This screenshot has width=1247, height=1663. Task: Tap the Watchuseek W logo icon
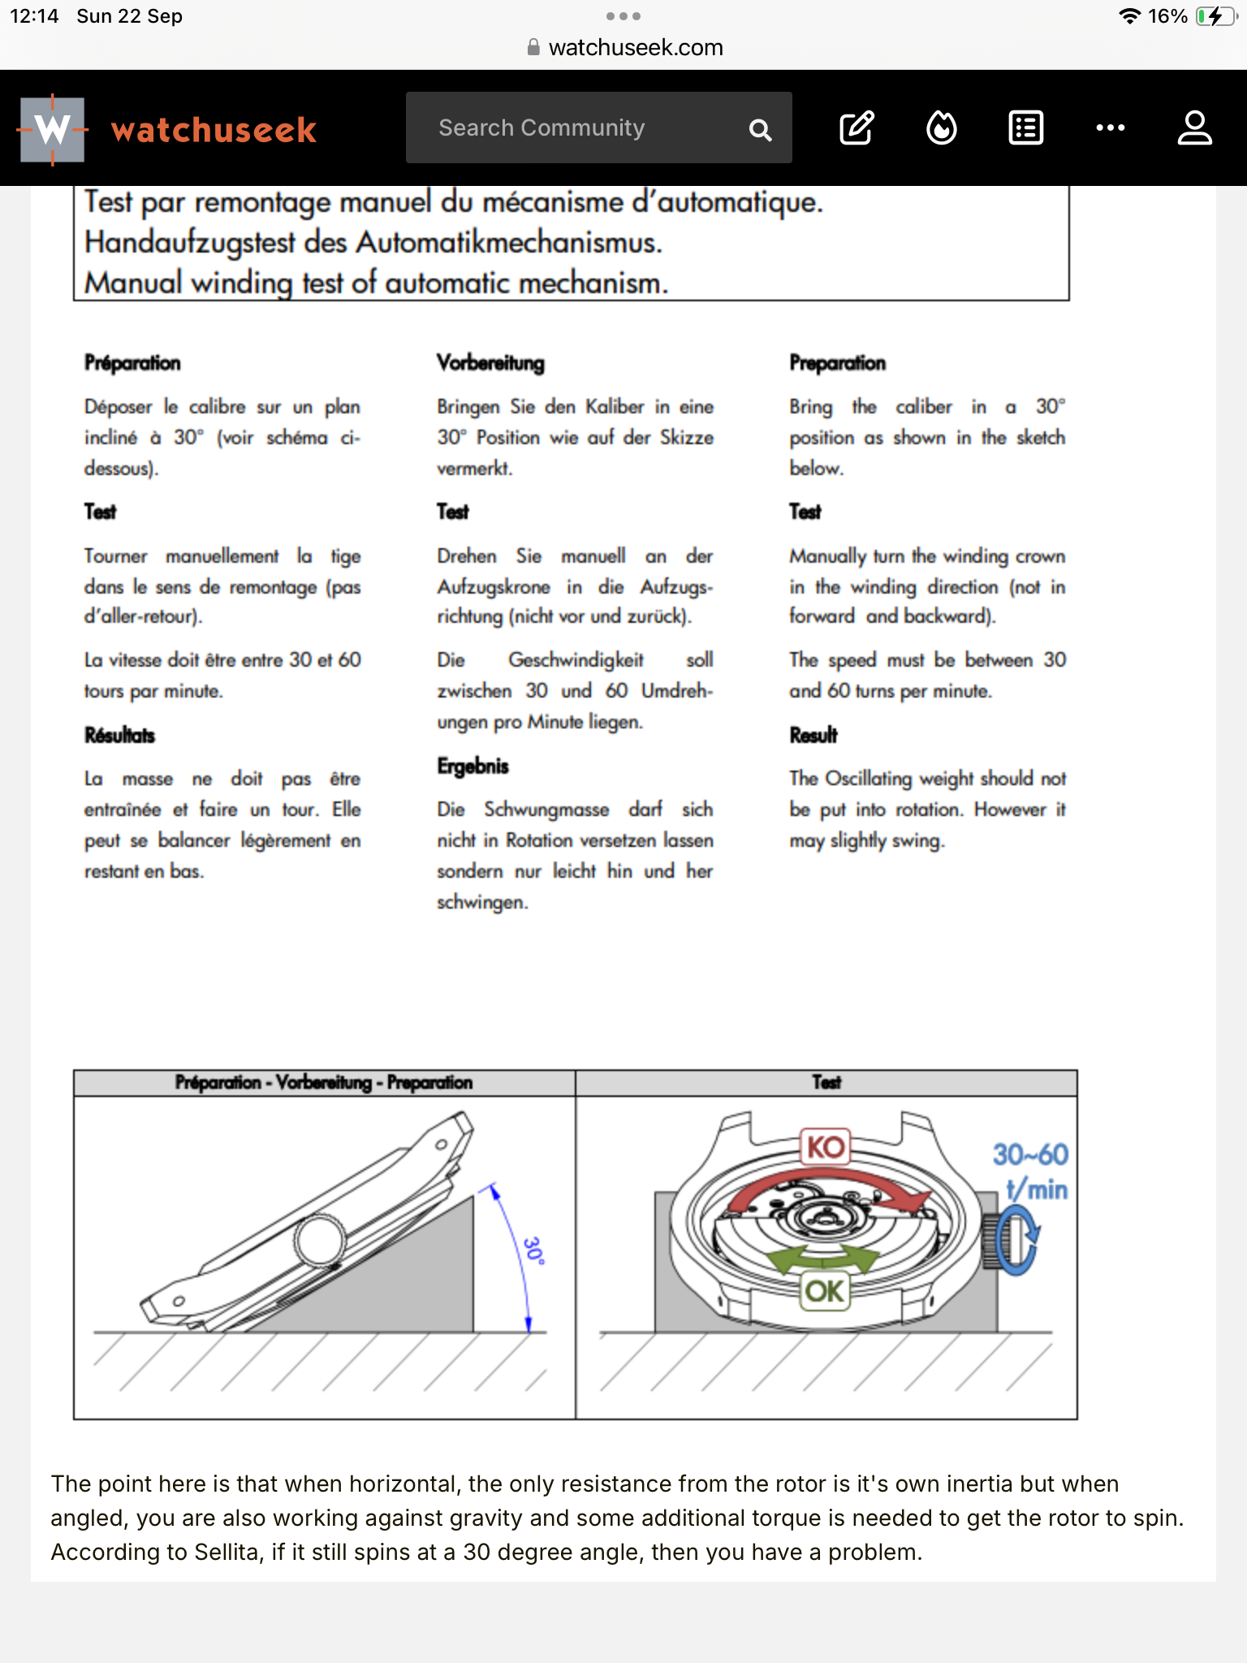point(53,129)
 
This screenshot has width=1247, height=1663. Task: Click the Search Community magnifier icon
point(760,130)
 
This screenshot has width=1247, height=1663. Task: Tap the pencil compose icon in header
point(857,128)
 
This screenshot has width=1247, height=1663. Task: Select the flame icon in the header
point(942,128)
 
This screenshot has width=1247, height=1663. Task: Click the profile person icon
point(1194,128)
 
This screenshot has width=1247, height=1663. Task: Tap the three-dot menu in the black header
point(1110,128)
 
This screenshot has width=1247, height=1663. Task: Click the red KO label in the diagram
point(826,1147)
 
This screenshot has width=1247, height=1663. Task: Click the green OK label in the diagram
point(825,1291)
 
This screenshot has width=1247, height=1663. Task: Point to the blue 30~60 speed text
point(1030,1155)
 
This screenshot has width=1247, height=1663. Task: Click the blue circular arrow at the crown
point(1018,1238)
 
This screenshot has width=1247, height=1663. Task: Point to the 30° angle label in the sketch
point(533,1250)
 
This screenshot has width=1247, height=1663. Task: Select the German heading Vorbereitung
point(490,363)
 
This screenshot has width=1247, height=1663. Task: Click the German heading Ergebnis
point(472,766)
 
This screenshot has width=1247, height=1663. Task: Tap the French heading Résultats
point(119,736)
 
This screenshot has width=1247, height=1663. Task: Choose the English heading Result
point(813,736)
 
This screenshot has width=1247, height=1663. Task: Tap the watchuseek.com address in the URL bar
point(635,48)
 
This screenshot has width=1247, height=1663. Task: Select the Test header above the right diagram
point(826,1082)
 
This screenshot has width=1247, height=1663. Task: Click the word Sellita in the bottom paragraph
point(231,1552)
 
